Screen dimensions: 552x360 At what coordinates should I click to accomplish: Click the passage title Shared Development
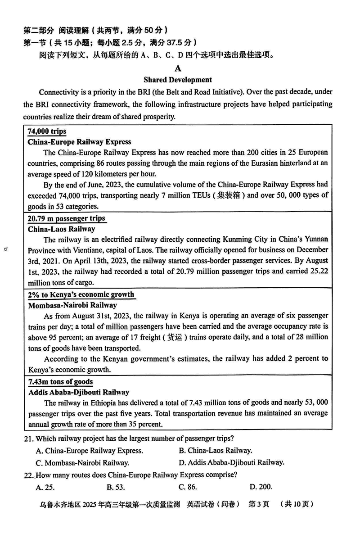pos(177,80)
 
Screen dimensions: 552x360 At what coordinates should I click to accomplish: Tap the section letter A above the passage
pos(178,68)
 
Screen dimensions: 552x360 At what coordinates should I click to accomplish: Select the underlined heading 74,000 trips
pos(47,131)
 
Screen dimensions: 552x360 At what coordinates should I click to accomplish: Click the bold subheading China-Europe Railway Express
pos(79,142)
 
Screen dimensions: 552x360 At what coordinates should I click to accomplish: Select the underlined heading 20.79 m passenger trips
pos(66,218)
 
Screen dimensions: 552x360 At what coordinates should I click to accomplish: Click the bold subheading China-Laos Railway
pos(62,229)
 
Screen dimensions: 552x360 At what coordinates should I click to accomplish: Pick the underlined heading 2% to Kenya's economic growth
pos(81,294)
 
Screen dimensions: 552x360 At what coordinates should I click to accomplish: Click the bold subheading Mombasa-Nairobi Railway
pos(72,305)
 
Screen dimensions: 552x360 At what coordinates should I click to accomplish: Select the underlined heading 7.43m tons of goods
pos(60,382)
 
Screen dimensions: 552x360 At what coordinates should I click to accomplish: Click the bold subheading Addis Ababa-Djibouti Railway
pos(78,392)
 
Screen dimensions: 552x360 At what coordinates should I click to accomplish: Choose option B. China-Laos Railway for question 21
pos(215,450)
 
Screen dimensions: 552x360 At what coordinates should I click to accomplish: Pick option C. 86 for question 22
pos(188,487)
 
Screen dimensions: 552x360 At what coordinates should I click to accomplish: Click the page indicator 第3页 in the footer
pos(259,504)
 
